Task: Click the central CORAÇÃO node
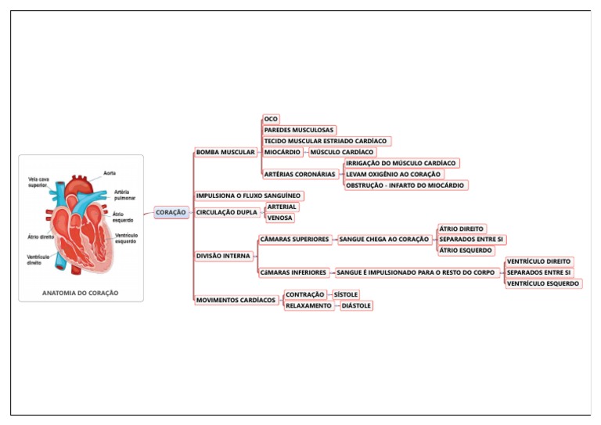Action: coord(171,212)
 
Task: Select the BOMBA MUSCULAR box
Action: coord(225,152)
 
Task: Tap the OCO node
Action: coord(271,119)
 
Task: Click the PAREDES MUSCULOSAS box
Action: coord(299,130)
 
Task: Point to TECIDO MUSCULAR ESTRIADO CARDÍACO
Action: coord(325,141)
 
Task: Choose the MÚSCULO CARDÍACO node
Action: coord(342,152)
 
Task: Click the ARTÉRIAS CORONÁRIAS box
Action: coord(300,174)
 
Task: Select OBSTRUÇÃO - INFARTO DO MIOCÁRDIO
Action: coord(405,185)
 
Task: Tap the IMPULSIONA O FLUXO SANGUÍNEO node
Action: coord(248,196)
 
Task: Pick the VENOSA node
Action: coord(280,218)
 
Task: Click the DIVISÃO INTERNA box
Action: coord(223,256)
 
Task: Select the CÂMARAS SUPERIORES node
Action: coord(294,240)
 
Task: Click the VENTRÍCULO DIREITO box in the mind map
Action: coord(538,261)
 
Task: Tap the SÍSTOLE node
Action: coord(345,294)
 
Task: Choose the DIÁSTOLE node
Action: coord(355,305)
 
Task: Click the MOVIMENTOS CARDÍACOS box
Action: coord(236,300)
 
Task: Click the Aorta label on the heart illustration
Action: coord(110,173)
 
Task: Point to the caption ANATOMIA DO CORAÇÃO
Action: coord(81,293)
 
